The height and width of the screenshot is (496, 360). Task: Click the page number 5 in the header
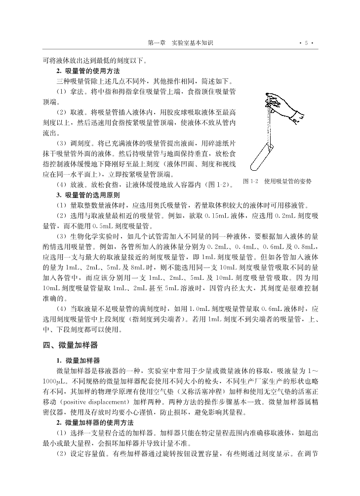point(306,43)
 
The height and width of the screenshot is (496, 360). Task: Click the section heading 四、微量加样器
point(70,345)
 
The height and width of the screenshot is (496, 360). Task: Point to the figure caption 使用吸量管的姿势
point(288,182)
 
